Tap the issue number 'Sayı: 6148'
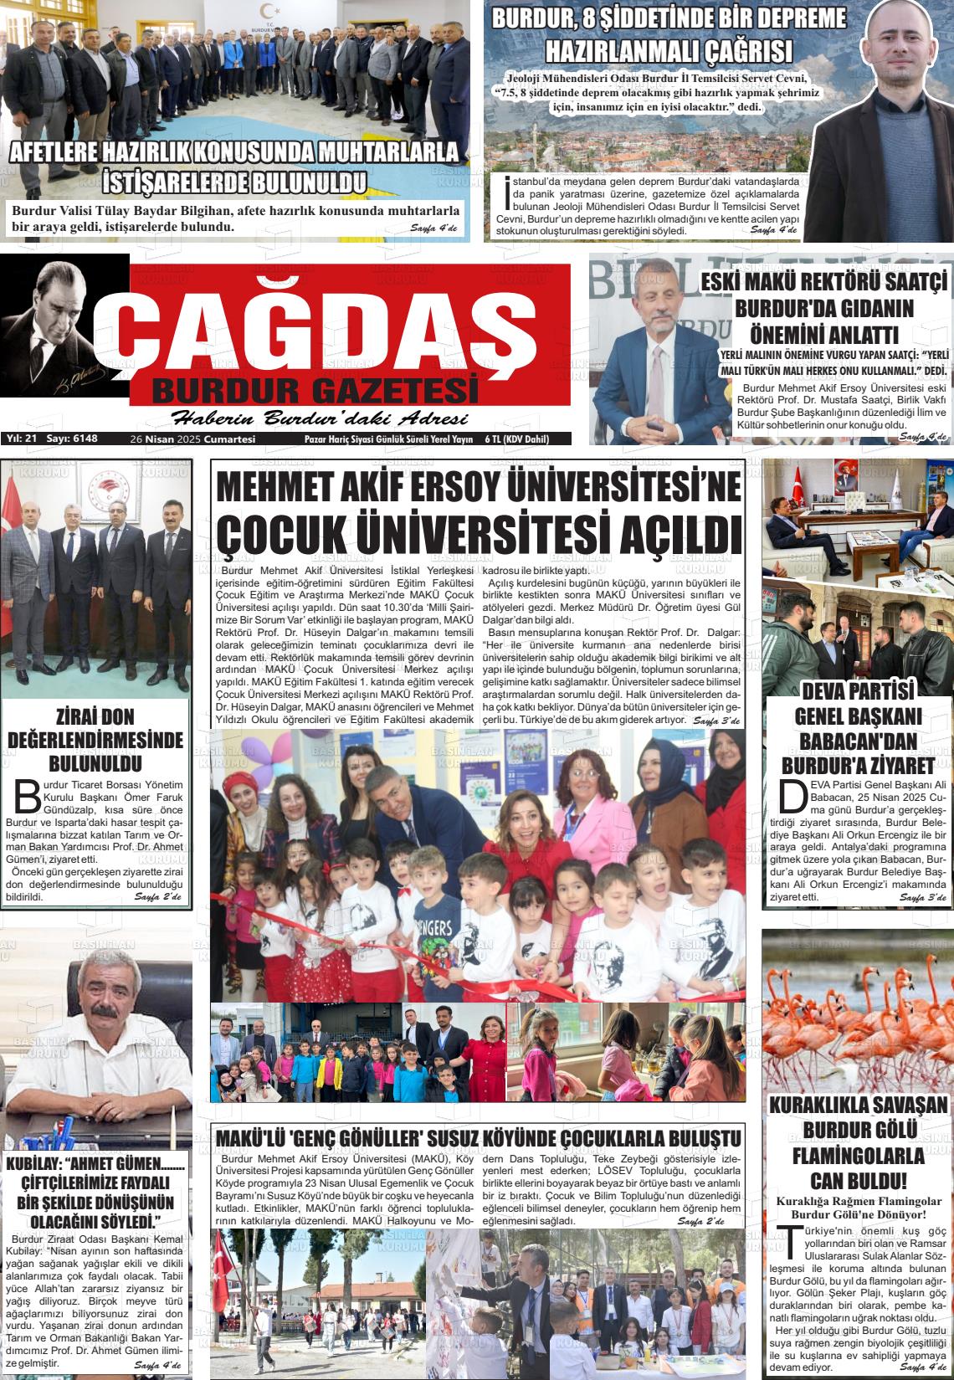pyautogui.click(x=72, y=439)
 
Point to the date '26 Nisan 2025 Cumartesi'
pyautogui.click(x=192, y=439)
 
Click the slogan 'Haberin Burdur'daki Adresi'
pyautogui.click(x=319, y=418)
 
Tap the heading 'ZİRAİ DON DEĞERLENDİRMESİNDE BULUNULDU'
pyautogui.click(x=95, y=740)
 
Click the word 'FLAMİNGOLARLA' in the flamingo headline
pyautogui.click(x=859, y=1157)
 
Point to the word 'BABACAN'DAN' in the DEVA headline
pyautogui.click(x=858, y=742)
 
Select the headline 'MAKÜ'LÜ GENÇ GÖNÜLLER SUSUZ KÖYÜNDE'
pyautogui.click(x=478, y=1139)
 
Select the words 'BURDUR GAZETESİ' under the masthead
pyautogui.click(x=315, y=390)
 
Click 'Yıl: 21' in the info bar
pyautogui.click(x=23, y=439)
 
